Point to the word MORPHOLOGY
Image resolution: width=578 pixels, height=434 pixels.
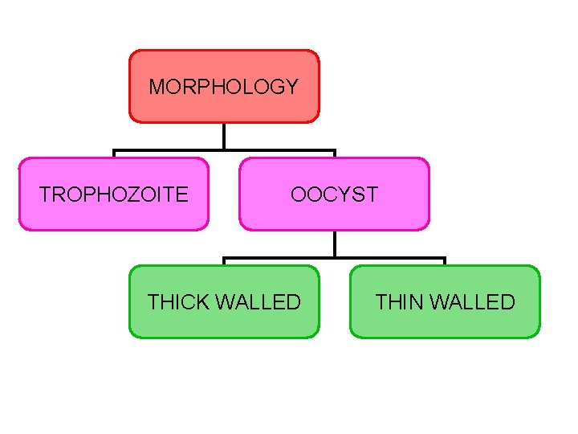click(x=224, y=87)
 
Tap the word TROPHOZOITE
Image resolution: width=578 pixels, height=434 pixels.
click(x=114, y=194)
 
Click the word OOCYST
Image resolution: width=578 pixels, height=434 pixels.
click(x=334, y=194)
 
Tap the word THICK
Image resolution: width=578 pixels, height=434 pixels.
click(x=178, y=302)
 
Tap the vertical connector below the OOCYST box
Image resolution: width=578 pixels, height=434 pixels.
click(x=334, y=244)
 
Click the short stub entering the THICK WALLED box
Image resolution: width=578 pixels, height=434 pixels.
click(x=224, y=263)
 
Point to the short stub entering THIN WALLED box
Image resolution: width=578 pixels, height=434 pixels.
click(x=444, y=263)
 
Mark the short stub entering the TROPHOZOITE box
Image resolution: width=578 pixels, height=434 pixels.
click(x=114, y=154)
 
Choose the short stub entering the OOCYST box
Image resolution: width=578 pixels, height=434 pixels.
click(x=334, y=154)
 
